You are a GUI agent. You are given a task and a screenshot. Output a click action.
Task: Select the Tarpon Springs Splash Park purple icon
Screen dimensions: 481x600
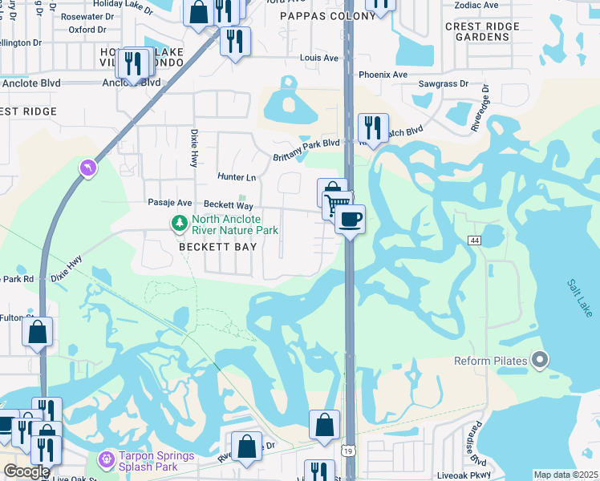click(105, 460)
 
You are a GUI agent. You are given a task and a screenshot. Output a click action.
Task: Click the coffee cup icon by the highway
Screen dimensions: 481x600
click(349, 218)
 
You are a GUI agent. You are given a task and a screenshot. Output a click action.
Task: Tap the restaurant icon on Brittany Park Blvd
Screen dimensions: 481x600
click(373, 127)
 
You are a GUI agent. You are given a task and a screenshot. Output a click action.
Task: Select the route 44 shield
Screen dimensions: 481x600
click(475, 240)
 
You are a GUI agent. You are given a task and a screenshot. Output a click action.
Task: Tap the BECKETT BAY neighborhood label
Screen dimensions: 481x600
click(217, 247)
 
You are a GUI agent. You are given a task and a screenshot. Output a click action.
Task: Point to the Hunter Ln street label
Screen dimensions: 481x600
click(237, 176)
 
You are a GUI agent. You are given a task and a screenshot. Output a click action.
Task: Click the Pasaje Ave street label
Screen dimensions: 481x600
click(169, 204)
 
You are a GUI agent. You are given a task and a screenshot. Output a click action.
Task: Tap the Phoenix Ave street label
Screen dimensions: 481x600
click(383, 75)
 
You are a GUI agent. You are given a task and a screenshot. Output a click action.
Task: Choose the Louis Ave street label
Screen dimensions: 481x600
click(318, 59)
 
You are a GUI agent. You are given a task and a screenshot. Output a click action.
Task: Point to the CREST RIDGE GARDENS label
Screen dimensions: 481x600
click(482, 31)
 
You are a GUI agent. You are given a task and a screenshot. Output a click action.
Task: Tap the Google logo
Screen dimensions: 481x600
click(26, 471)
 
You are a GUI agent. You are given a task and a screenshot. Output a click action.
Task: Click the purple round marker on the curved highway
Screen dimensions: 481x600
click(87, 168)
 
